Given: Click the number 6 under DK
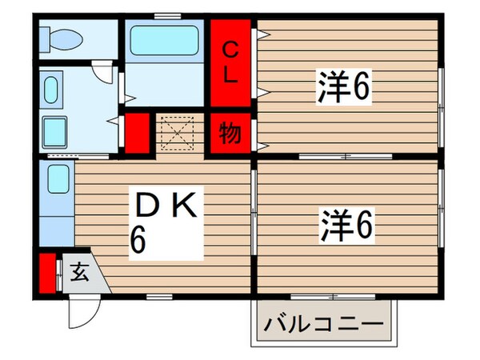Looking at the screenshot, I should point(138,241).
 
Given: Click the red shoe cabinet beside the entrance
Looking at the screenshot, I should point(46,272).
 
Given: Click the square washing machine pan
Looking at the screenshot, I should point(55,130).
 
